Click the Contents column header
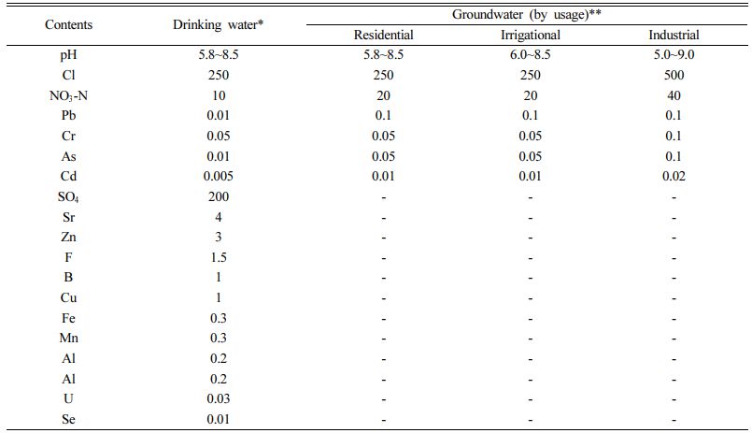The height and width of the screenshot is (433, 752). pyautogui.click(x=69, y=24)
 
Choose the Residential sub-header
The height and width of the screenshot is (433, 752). pyautogui.click(x=383, y=36)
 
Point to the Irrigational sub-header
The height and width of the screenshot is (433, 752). pyautogui.click(x=530, y=36)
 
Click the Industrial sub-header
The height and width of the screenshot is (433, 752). pyautogui.click(x=674, y=36)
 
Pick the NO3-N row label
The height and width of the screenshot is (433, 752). pyautogui.click(x=69, y=95)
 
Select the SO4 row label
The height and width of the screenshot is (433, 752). pyautogui.click(x=69, y=197)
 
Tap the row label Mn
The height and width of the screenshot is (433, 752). pyautogui.click(x=69, y=339)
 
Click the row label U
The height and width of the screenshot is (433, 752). pyautogui.click(x=69, y=399)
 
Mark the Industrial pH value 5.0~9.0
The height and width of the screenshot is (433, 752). pyautogui.click(x=674, y=55)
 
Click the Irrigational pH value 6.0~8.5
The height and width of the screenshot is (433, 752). pyautogui.click(x=530, y=55)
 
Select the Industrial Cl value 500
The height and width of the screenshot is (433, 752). pyautogui.click(x=674, y=76)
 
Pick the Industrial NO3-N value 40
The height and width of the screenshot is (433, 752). pyautogui.click(x=674, y=95)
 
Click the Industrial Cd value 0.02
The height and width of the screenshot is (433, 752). pyautogui.click(x=674, y=177)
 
